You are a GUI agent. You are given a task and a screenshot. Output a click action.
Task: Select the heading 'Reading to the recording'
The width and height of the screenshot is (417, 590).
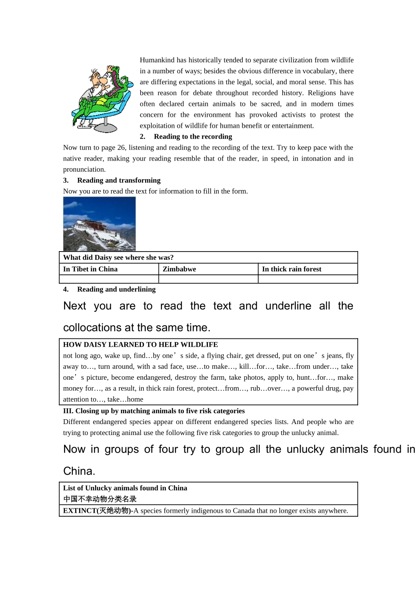click(x=193, y=137)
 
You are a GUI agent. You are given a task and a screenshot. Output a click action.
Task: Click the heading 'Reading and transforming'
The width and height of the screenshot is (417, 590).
click(x=119, y=180)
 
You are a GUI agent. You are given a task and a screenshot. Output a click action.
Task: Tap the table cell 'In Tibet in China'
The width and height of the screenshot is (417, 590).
click(x=90, y=269)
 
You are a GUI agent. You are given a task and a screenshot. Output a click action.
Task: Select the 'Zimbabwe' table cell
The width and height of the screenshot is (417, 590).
click(x=179, y=269)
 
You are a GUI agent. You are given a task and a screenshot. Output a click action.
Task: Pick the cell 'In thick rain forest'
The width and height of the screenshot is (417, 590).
click(x=291, y=269)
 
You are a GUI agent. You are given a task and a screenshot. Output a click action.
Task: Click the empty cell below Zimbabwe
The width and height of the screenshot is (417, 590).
click(x=208, y=279)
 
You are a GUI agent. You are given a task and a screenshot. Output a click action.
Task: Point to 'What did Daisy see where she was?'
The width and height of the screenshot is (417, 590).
click(x=119, y=258)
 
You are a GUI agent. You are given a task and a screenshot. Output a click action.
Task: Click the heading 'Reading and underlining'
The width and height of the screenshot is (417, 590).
click(x=116, y=289)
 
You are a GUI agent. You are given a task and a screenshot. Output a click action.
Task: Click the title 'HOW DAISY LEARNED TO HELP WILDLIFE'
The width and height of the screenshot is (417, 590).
click(x=140, y=345)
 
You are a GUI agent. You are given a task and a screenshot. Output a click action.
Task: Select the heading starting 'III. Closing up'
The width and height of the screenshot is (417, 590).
click(x=154, y=411)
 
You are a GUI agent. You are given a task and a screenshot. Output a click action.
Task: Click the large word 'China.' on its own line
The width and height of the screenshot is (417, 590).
click(x=79, y=471)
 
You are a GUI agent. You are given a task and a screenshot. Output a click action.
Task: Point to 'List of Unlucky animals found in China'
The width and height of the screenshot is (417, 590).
click(x=125, y=488)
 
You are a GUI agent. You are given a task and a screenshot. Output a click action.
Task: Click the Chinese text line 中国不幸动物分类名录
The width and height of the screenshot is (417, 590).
click(x=100, y=499)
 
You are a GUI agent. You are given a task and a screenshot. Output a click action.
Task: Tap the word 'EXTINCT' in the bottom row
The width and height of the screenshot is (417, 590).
click(x=79, y=511)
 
